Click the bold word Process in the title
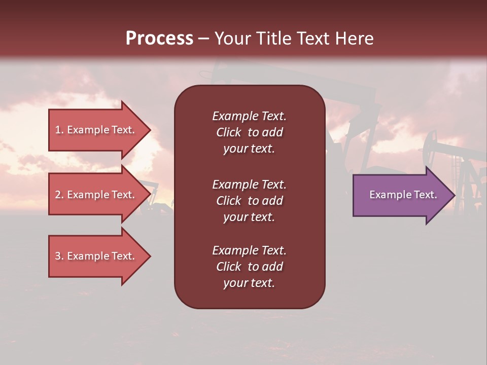click(x=159, y=39)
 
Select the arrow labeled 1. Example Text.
click(x=95, y=130)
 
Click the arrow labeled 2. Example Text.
click(x=95, y=195)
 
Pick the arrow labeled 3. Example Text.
click(x=95, y=256)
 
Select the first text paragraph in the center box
click(x=249, y=132)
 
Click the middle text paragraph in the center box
click(x=249, y=201)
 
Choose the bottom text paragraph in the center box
click(x=249, y=267)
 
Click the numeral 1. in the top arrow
click(x=59, y=130)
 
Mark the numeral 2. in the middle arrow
click(x=59, y=195)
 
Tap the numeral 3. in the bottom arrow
click(x=59, y=256)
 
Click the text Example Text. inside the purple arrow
click(x=403, y=195)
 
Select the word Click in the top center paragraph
click(x=228, y=132)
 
